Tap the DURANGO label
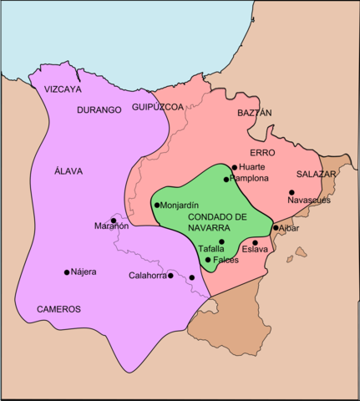pos(99,109)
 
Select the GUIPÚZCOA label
pos(157,108)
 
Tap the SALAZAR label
pos(316,174)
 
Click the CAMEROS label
pos(58,309)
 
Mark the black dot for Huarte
pos(235,167)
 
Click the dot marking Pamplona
pos(226,179)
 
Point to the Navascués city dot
pos(292,193)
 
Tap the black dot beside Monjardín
pos(156,205)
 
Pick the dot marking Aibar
pos(276,227)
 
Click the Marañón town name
pos(111,226)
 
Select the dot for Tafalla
pos(221,241)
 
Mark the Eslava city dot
pos(255,242)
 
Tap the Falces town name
pos(226,260)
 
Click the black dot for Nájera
pos(66,272)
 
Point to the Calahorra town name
pos(147,276)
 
